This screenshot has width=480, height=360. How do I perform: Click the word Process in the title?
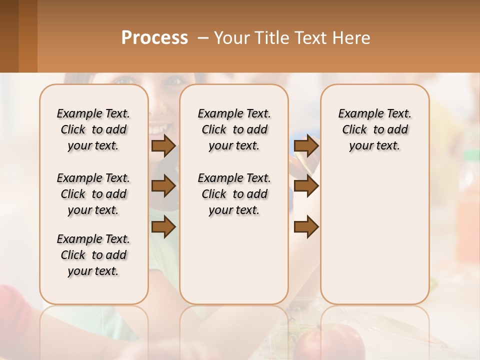click(x=154, y=38)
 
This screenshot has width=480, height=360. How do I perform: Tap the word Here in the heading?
click(x=353, y=38)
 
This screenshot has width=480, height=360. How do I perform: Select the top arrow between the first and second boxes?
click(x=163, y=145)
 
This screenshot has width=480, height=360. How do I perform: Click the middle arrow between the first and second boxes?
click(x=163, y=186)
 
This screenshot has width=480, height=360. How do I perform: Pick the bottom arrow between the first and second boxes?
click(x=163, y=227)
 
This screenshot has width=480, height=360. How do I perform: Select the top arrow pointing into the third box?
click(x=306, y=145)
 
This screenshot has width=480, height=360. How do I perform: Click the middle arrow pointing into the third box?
click(x=306, y=186)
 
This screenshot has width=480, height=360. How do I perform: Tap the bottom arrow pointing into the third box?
click(x=306, y=227)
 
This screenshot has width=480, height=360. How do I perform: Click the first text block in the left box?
click(x=93, y=129)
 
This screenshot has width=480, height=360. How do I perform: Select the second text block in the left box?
click(x=93, y=194)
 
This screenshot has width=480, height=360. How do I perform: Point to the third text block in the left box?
click(x=93, y=255)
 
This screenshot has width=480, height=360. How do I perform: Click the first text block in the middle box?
click(x=234, y=129)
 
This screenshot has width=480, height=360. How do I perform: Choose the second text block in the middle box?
click(x=234, y=194)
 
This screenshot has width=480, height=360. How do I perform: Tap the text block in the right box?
click(x=374, y=129)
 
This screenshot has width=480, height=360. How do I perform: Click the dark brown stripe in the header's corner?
click(x=9, y=36)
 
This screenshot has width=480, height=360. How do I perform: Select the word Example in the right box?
click(x=356, y=114)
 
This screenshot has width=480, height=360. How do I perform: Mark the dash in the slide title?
click(x=202, y=38)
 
